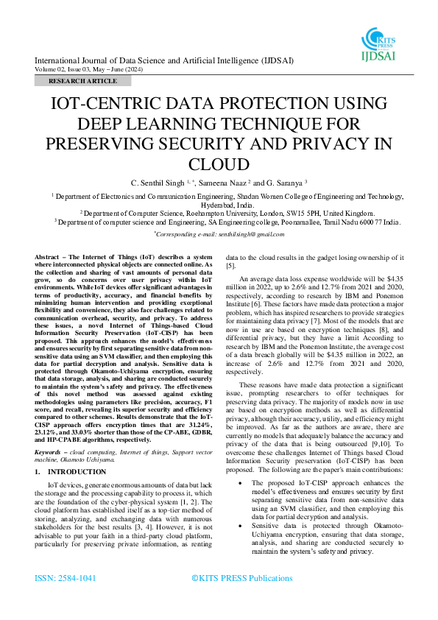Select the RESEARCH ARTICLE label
(x=82, y=80)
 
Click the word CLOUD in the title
(x=218, y=164)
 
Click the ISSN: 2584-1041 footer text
(x=65, y=578)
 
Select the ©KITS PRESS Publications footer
(x=241, y=578)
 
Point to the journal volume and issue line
(x=89, y=69)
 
